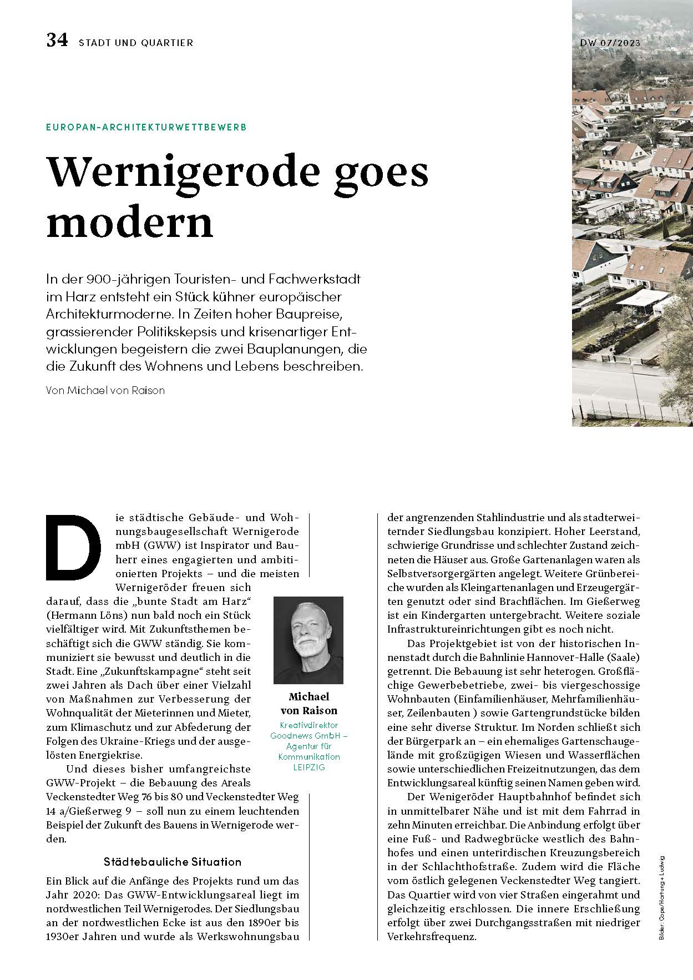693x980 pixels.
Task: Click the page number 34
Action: point(57,41)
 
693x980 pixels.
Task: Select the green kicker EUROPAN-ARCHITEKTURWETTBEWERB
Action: point(146,127)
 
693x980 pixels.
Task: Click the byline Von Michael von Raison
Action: point(105,390)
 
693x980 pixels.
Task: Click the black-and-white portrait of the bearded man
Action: point(308,640)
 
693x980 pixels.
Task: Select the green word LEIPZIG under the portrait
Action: point(308,767)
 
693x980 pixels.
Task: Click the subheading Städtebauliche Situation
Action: point(173,862)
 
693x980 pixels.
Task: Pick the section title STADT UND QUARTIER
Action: point(136,43)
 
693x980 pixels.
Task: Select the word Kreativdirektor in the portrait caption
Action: point(308,725)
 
